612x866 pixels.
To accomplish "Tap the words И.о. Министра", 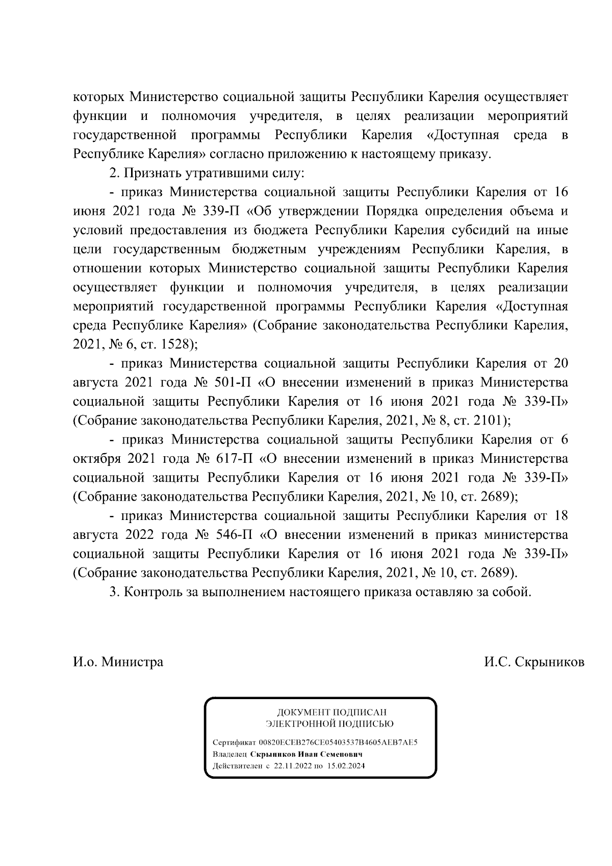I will click(x=118, y=662).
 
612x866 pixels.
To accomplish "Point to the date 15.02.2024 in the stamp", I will click(x=346, y=766).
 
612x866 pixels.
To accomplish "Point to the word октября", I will click(x=97, y=458).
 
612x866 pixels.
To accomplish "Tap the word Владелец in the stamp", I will click(x=229, y=754).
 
